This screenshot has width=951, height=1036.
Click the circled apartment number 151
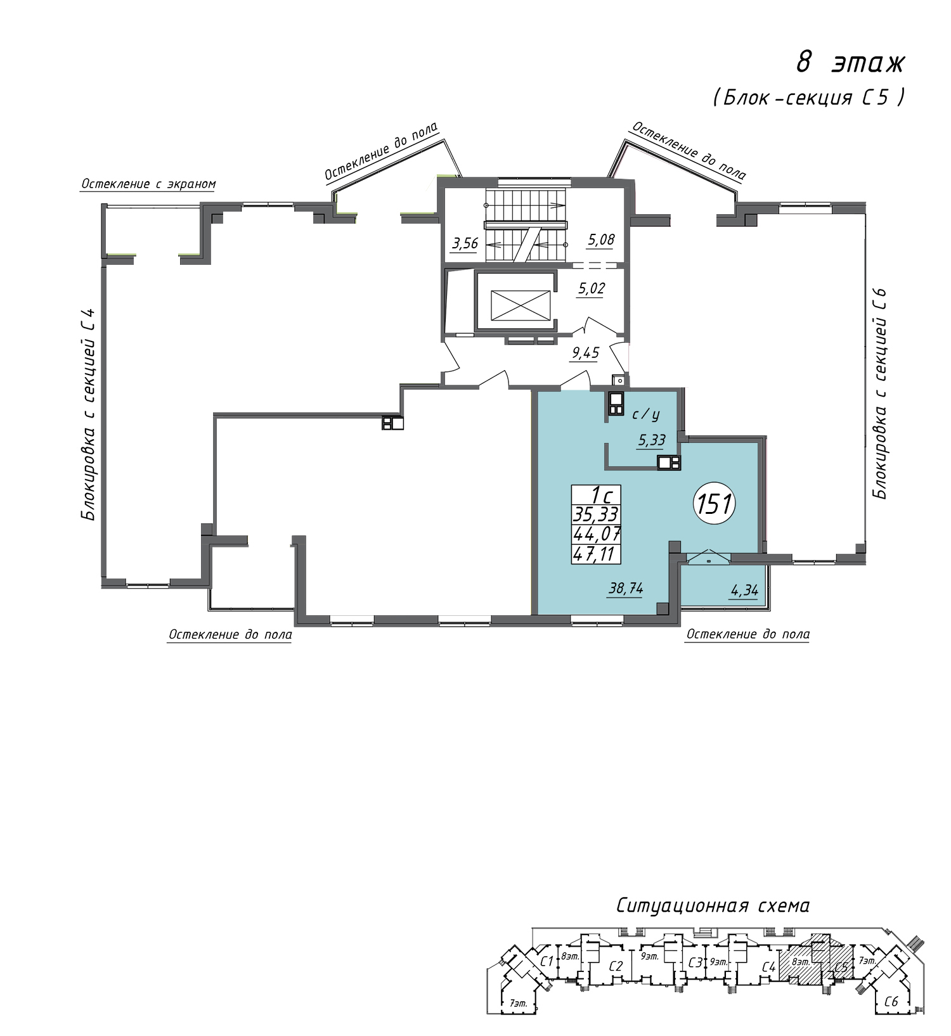(x=715, y=504)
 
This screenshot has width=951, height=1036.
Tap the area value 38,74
(x=626, y=588)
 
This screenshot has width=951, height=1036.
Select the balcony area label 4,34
(x=744, y=591)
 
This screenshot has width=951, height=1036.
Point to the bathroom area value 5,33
(x=652, y=440)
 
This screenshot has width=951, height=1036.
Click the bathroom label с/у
(x=646, y=414)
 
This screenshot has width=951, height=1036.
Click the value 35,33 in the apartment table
(x=596, y=514)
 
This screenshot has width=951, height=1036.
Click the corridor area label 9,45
(x=585, y=352)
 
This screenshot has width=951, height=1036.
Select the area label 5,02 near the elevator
(x=591, y=288)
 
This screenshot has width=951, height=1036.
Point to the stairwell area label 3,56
(x=465, y=243)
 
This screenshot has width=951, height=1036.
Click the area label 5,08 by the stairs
(x=601, y=240)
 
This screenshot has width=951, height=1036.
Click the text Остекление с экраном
(x=148, y=184)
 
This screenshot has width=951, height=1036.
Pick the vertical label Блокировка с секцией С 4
(x=89, y=414)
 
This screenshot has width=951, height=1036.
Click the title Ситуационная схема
(x=713, y=905)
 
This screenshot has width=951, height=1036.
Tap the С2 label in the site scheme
(x=616, y=966)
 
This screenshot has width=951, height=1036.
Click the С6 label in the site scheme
(x=891, y=1002)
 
